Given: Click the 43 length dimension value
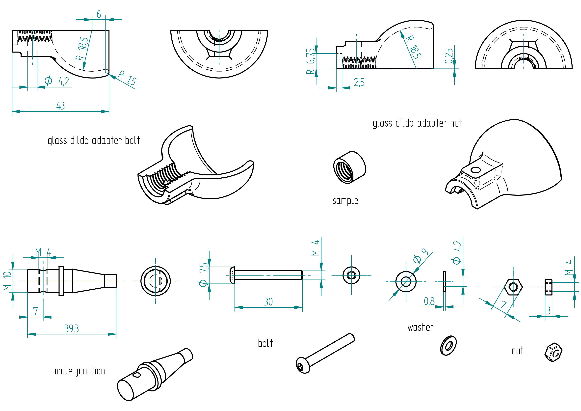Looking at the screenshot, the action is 60,106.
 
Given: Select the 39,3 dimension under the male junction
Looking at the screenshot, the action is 72,329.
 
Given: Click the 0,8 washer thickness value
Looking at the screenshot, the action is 429,301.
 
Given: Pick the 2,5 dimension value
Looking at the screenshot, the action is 359,82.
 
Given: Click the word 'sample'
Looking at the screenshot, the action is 345,201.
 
